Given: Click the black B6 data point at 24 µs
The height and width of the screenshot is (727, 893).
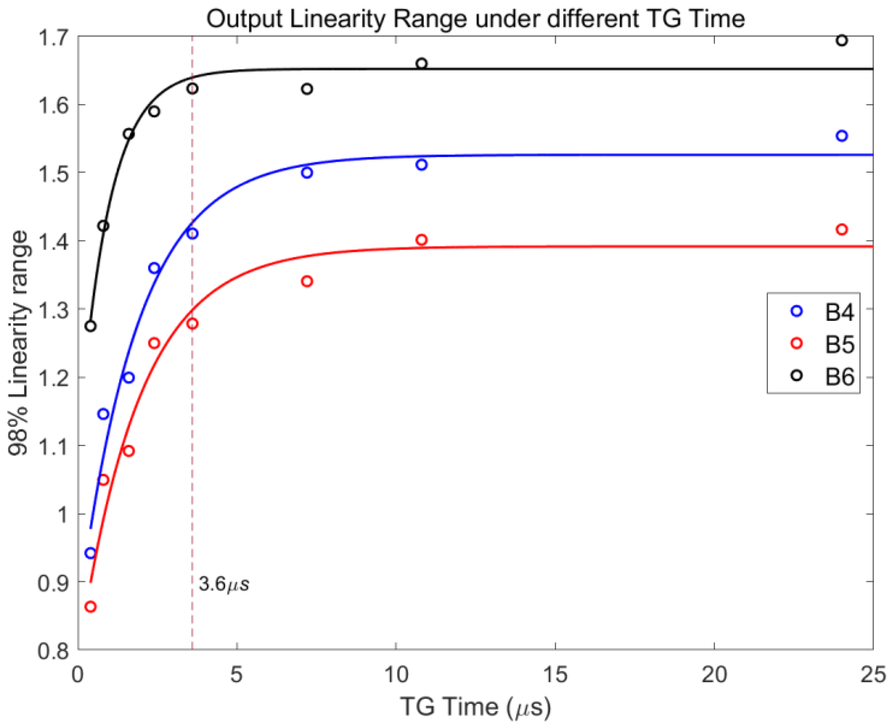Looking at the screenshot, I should tap(841, 40).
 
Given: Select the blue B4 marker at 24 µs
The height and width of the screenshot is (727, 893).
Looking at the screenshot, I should tap(841, 136).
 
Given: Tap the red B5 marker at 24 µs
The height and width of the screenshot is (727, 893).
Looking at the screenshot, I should tap(841, 230).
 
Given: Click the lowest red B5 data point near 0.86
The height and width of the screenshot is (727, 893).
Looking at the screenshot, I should tap(91, 607).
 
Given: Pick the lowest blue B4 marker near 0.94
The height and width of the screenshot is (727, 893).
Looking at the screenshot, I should tap(91, 553).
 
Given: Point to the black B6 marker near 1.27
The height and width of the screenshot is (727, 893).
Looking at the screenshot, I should tap(91, 326).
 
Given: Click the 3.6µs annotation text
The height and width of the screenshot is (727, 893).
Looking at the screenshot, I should tap(224, 584).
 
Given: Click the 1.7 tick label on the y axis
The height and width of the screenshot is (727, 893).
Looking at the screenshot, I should tap(53, 38).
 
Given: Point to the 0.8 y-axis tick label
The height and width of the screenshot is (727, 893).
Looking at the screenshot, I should tap(53, 652).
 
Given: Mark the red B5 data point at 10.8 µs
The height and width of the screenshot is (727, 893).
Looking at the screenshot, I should tap(421, 240).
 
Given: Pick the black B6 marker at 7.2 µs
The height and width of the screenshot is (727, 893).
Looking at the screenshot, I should tap(307, 89).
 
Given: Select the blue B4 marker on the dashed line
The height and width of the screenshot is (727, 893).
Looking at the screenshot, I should tap(192, 234).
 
